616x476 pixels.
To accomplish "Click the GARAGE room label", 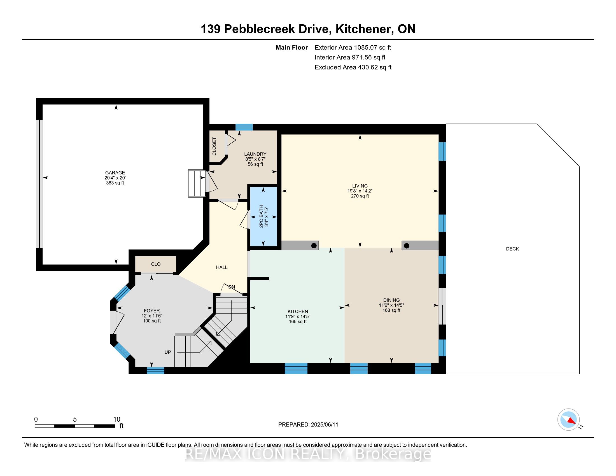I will pyautogui.click(x=115, y=172).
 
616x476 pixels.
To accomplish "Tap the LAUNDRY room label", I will pyautogui.click(x=255, y=154).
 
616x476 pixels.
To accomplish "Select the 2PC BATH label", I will pyautogui.click(x=261, y=216).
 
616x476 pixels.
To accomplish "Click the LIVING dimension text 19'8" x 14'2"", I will pyautogui.click(x=360, y=191).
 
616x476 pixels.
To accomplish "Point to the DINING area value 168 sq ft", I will pyautogui.click(x=391, y=310).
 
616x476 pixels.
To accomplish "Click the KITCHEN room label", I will pyautogui.click(x=298, y=311).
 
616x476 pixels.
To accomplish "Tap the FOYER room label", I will pyautogui.click(x=152, y=311).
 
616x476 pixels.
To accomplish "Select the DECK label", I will pyautogui.click(x=512, y=249).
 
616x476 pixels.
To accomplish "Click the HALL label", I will pyautogui.click(x=222, y=267).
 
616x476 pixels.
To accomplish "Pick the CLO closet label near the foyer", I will pyautogui.click(x=156, y=264).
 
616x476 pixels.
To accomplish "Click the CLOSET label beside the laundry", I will pyautogui.click(x=214, y=146).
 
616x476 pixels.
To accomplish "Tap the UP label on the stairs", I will pyautogui.click(x=168, y=352).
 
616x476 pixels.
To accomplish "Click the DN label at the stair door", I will pyautogui.click(x=232, y=287).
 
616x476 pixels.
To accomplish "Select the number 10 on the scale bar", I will pyautogui.click(x=116, y=419).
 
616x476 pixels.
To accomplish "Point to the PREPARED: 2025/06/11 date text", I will pyautogui.click(x=308, y=425).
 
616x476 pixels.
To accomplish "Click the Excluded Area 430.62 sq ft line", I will pyautogui.click(x=353, y=67).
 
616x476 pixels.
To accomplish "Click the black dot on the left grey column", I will pyautogui.click(x=314, y=246).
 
